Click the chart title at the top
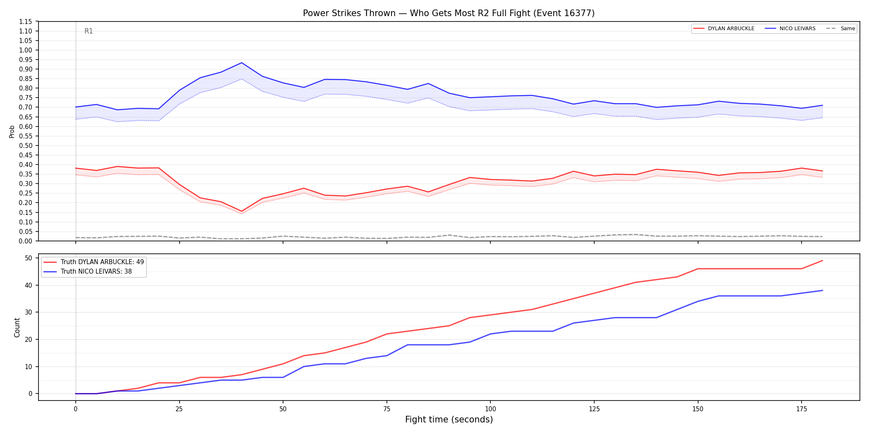(x=449, y=13)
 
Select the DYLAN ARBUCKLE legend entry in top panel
(x=724, y=29)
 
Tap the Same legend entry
(x=840, y=29)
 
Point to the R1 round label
(x=89, y=31)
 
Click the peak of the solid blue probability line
(x=242, y=63)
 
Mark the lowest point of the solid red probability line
(x=242, y=211)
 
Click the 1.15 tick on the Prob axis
(x=26, y=21)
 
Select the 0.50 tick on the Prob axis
(x=26, y=145)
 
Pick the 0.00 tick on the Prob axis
(x=26, y=241)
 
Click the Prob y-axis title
(x=12, y=131)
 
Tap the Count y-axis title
(x=17, y=327)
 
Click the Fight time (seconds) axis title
(x=449, y=420)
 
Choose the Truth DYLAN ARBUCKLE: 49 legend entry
(x=94, y=262)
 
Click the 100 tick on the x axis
(x=490, y=409)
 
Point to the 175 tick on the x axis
(x=802, y=409)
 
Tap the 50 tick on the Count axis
(x=29, y=258)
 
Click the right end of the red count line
(x=822, y=261)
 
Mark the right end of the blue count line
(x=822, y=291)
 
